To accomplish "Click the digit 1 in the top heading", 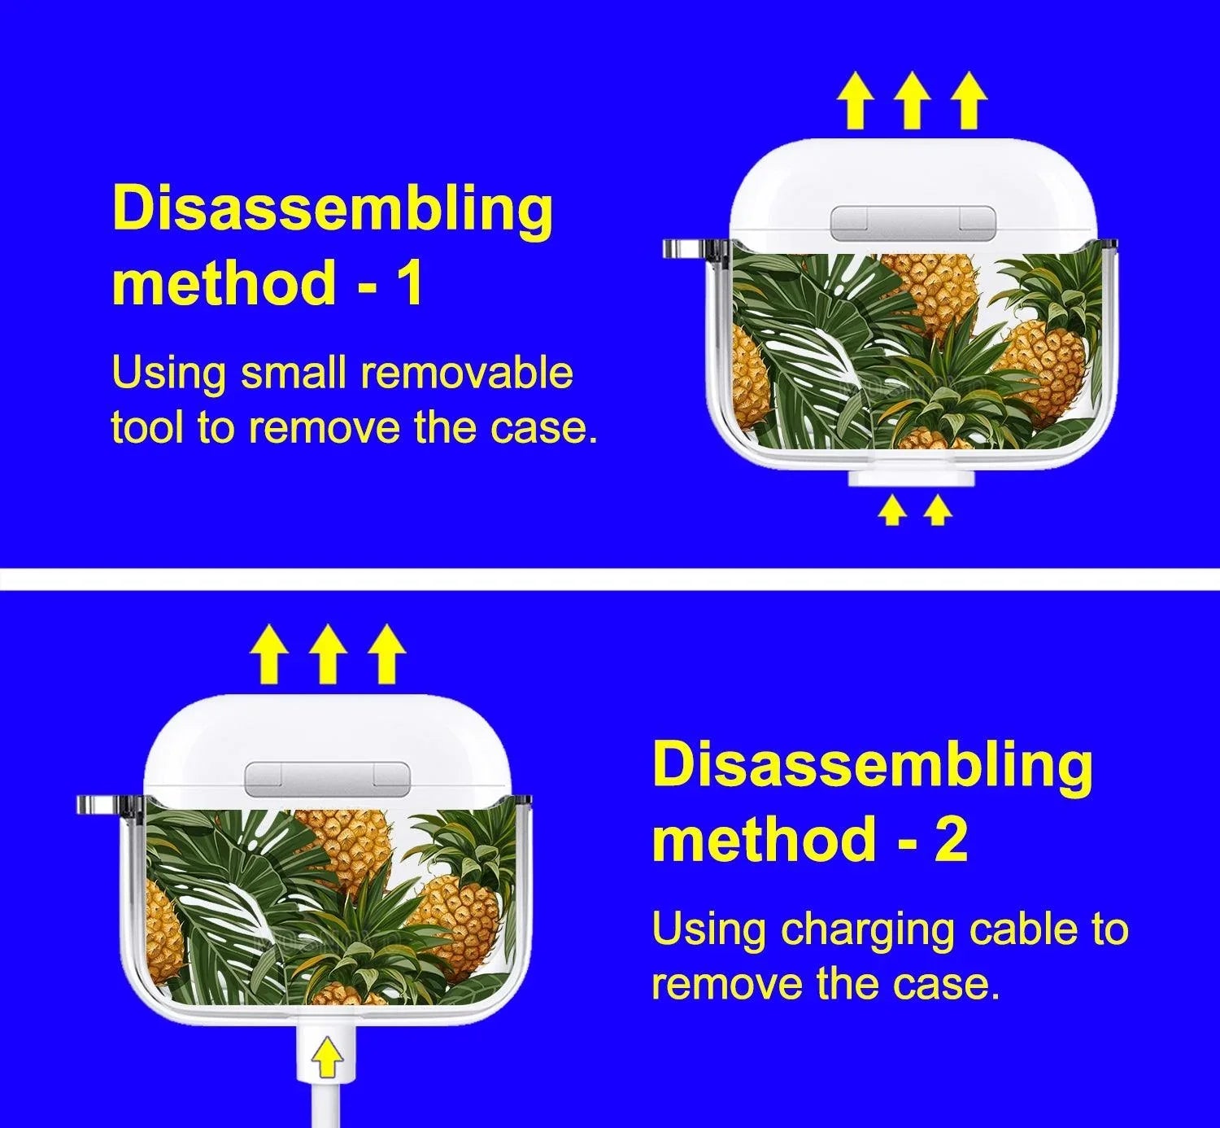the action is pyautogui.click(x=410, y=282).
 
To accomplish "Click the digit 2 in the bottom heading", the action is pyautogui.click(x=950, y=838).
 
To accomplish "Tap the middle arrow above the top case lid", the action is pyautogui.click(x=913, y=101).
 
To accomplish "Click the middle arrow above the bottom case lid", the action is pyautogui.click(x=327, y=654).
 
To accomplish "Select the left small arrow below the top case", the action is pyautogui.click(x=892, y=512).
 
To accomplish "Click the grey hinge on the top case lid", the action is pyautogui.click(x=913, y=222).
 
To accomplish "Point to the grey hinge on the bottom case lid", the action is pyautogui.click(x=328, y=778).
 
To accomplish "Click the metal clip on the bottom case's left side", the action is pyautogui.click(x=111, y=807).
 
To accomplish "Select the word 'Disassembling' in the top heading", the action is pyautogui.click(x=333, y=210).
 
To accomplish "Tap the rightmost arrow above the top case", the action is pyautogui.click(x=969, y=101).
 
